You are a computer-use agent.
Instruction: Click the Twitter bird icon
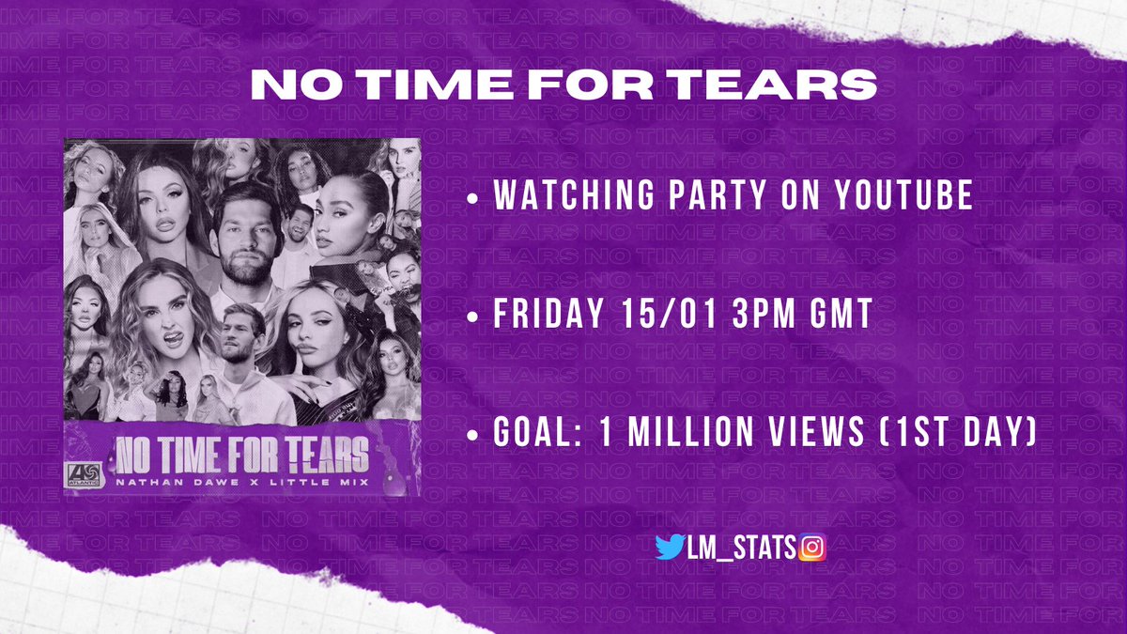coord(670,547)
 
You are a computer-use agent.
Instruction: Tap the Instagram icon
coord(812,547)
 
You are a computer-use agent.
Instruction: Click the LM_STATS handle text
coord(741,547)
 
